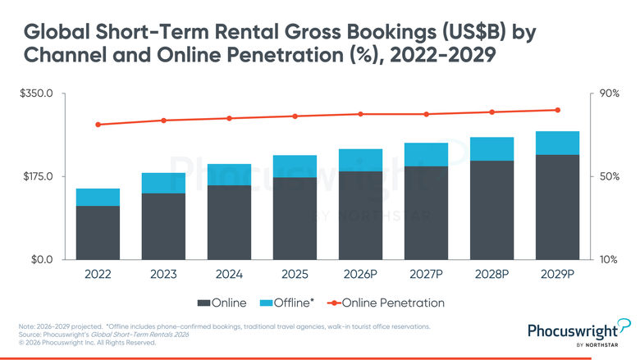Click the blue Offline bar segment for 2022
tap(98, 198)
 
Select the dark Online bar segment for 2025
tap(295, 218)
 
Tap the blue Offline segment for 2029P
tap(558, 144)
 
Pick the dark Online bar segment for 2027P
tap(426, 213)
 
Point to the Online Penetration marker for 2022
tap(98, 125)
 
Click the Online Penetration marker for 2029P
tap(558, 110)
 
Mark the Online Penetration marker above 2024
tap(230, 118)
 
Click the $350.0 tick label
tap(36, 93)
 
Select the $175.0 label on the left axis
tap(38, 176)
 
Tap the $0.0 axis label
tap(42, 260)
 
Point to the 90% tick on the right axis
tap(610, 93)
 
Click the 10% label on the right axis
tap(608, 260)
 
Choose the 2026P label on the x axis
tap(360, 274)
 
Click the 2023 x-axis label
tap(163, 274)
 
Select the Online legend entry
tap(222, 303)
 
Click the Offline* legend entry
tap(287, 303)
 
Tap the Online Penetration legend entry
tap(386, 303)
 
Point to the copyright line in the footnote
tap(87, 343)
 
